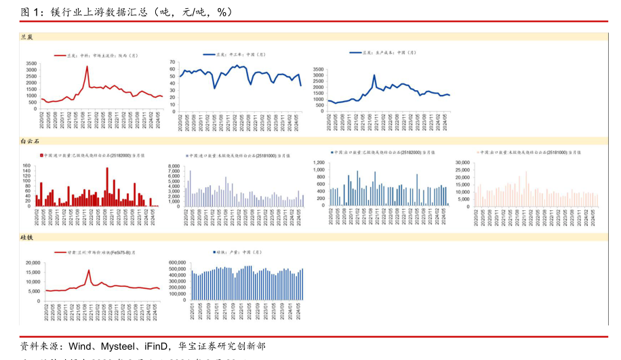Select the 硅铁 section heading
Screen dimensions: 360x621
pos(27,237)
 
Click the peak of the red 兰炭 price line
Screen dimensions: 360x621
pos(87,66)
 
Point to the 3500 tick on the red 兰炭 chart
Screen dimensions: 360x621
pos(31,62)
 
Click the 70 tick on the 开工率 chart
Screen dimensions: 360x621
pos(173,62)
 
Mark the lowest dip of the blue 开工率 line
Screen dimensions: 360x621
pos(214,87)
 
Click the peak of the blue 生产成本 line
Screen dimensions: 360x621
pos(374,76)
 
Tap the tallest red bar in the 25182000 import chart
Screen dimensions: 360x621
pos(107,168)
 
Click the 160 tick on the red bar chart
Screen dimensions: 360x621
pos(30,166)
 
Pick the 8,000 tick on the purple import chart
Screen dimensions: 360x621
pos(174,166)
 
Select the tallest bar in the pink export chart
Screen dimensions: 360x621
pos(526,172)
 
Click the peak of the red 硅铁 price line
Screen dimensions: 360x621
pos(89,270)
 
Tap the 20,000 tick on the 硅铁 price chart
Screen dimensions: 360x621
pos(32,262)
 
